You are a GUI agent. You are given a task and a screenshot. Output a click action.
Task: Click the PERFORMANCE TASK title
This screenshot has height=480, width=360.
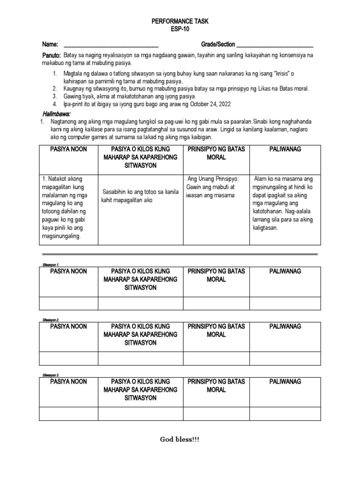[180, 22]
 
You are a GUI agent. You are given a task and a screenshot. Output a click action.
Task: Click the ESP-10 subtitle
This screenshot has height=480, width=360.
[180, 29]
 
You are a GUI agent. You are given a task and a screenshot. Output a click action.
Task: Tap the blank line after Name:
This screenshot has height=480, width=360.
[111, 45]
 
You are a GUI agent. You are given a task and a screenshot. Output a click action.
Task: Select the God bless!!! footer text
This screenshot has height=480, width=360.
[180, 439]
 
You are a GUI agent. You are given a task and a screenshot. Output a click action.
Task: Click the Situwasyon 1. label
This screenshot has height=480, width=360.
[50, 265]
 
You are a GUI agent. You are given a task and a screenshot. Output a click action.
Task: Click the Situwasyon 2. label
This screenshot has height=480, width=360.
[50, 320]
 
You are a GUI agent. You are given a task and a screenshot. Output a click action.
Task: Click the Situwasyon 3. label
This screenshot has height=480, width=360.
[50, 375]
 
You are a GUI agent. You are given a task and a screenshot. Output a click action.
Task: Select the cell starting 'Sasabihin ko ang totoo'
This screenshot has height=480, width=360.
[140, 196]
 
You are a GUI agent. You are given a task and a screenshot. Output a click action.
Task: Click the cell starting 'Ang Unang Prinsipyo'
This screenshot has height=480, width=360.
[216, 187]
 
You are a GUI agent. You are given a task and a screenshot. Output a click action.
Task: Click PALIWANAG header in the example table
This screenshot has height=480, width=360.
[285, 149]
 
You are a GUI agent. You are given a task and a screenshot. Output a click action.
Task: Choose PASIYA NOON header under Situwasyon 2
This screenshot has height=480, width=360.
[69, 326]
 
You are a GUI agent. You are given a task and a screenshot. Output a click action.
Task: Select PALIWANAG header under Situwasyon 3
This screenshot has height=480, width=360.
[285, 382]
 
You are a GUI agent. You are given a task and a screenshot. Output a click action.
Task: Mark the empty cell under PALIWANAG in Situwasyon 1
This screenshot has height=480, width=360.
[285, 303]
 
